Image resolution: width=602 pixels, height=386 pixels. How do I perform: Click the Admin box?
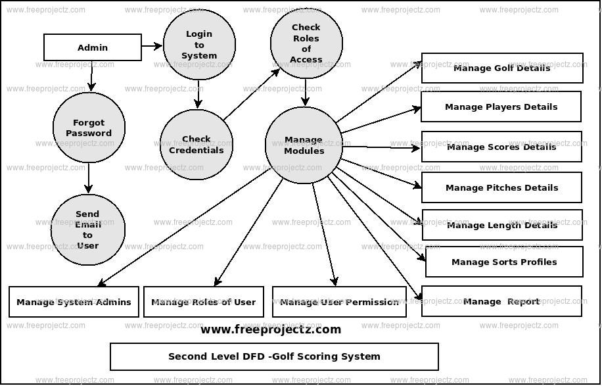(x=93, y=47)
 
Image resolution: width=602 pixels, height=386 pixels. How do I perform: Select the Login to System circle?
(x=199, y=45)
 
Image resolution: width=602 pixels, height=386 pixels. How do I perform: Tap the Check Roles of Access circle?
(x=306, y=43)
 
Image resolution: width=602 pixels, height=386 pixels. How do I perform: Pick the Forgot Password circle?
(x=89, y=128)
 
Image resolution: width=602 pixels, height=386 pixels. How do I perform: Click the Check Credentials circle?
(x=196, y=144)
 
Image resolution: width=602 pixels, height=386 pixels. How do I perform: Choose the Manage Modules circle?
(x=304, y=145)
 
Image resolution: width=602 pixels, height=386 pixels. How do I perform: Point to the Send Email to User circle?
(x=87, y=229)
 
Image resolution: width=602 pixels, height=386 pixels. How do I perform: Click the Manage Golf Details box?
(x=502, y=68)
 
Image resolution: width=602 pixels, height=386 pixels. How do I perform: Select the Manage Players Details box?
(x=501, y=107)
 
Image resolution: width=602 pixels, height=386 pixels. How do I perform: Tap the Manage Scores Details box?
(x=501, y=147)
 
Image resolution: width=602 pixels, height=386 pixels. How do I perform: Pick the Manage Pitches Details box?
(x=501, y=187)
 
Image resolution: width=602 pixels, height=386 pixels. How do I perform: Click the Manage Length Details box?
(x=502, y=225)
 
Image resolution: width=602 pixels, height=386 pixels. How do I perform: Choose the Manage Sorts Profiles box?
(x=504, y=262)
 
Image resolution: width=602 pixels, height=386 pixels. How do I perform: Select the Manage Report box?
(x=501, y=301)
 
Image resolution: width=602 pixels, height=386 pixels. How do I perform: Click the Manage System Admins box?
(x=74, y=302)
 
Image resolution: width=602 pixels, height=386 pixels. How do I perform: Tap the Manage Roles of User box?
(x=204, y=302)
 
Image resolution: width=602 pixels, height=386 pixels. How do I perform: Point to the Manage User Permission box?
(x=339, y=302)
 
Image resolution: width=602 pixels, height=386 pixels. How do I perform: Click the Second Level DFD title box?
(x=274, y=356)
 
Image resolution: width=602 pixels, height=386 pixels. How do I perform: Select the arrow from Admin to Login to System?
(x=152, y=46)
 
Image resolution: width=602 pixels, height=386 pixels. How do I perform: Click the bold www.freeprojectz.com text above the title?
(x=271, y=329)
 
